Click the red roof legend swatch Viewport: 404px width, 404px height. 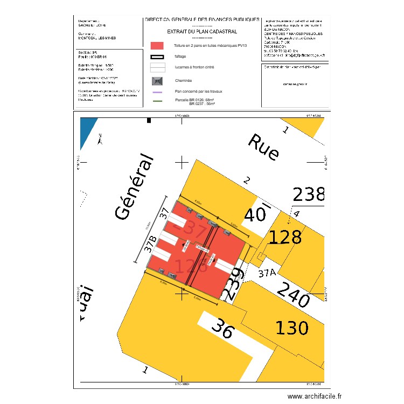(157, 46)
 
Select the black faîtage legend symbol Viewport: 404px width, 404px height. (157, 56)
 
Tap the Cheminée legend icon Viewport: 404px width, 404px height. (157, 81)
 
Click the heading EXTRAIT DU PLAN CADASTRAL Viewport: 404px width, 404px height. (202, 32)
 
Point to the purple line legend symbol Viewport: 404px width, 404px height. (157, 92)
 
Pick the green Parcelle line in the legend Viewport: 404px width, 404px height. (157, 100)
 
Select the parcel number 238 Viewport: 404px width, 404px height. (309, 194)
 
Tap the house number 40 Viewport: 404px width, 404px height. (256, 215)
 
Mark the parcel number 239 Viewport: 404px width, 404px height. (233, 283)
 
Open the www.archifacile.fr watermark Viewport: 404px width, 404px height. (315, 396)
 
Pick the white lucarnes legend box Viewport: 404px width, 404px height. (157, 68)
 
